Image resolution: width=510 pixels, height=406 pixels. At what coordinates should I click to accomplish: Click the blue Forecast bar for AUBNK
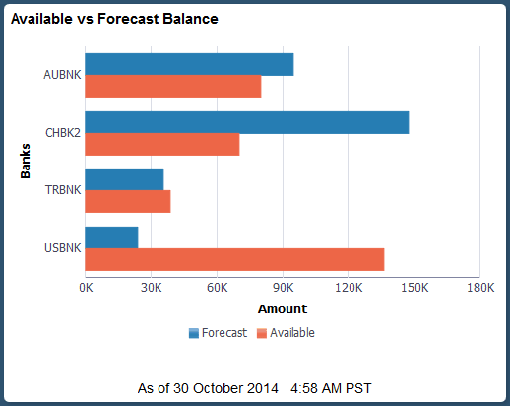click(189, 64)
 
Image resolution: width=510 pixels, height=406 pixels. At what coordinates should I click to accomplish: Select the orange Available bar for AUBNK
click(173, 87)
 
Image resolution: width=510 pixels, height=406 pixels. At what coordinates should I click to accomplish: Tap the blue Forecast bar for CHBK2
click(246, 122)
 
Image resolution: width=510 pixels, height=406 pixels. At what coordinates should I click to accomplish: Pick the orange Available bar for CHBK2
click(162, 145)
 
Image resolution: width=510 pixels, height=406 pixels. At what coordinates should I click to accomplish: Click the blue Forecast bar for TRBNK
click(124, 179)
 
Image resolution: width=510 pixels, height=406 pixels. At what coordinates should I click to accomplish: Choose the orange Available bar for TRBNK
click(128, 202)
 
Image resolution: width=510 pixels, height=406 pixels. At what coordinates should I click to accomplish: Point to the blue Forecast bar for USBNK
click(111, 237)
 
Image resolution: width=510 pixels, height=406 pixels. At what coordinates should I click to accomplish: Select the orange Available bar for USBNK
click(234, 260)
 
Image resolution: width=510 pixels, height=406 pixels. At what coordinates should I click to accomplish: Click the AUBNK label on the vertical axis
click(62, 75)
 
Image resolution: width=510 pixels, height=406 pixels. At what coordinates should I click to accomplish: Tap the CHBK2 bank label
click(62, 133)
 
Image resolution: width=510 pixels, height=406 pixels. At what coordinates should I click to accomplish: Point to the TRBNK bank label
click(62, 191)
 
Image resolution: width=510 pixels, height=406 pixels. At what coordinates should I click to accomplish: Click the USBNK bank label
click(62, 248)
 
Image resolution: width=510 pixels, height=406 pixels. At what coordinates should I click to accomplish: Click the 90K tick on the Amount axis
click(283, 288)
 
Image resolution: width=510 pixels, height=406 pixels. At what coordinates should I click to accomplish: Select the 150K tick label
click(414, 288)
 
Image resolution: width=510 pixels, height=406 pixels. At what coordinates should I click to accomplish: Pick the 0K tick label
click(86, 288)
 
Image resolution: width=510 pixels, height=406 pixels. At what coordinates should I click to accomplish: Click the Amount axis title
click(282, 308)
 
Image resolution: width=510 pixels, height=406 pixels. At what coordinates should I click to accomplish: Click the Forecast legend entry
click(218, 333)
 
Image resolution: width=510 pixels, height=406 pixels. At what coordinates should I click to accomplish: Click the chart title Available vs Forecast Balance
click(114, 19)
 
